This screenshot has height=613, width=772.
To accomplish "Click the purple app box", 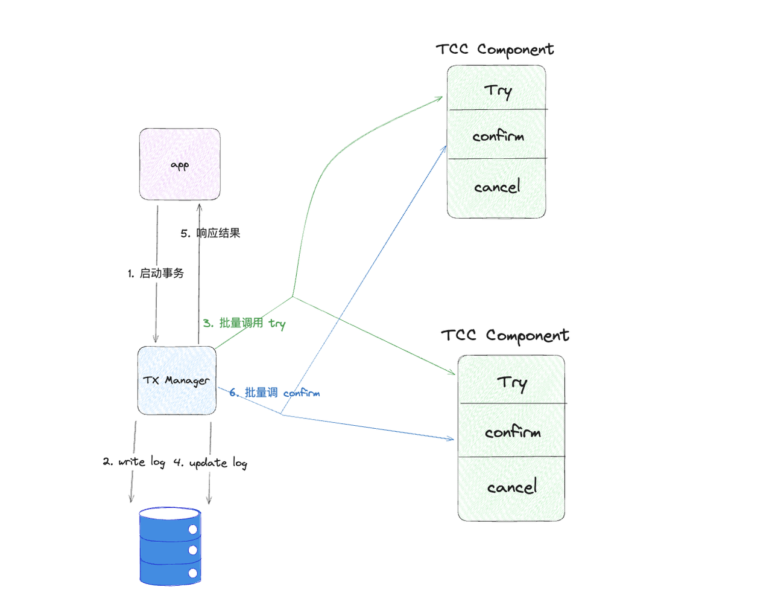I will click(180, 164).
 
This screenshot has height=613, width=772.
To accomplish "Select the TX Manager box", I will click(177, 380).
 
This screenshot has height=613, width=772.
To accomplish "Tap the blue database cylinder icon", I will click(169, 547).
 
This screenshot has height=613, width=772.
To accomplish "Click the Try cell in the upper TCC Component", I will click(496, 89).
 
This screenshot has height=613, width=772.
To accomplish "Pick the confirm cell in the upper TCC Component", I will click(496, 135).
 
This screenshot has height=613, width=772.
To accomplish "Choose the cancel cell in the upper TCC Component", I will click(496, 187).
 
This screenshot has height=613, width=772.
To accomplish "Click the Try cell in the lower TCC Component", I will click(511, 381).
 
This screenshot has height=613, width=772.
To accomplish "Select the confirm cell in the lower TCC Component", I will click(511, 431).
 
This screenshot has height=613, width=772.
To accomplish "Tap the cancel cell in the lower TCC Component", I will click(511, 487).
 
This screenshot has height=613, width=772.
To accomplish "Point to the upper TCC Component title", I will click(495, 50).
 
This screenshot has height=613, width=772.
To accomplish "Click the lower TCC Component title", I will click(505, 336).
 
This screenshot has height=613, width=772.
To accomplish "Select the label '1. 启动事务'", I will click(156, 274).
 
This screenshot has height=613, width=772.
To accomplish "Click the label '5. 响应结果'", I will click(210, 233).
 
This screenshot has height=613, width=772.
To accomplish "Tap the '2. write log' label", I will click(134, 462).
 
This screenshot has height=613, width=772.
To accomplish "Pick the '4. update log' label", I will click(210, 463).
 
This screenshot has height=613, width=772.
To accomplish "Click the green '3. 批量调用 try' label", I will click(244, 323).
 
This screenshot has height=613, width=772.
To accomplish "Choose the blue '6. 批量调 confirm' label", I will click(274, 393).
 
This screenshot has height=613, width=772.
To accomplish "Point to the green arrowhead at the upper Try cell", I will click(441, 98).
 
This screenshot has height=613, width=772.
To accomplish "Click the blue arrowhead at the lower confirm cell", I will click(452, 439).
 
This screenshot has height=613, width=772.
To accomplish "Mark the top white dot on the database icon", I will click(193, 530).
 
